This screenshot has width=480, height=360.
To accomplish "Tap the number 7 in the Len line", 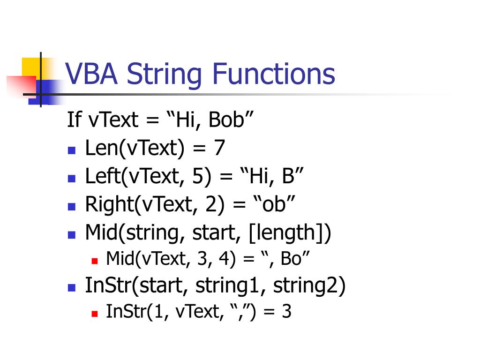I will click(x=219, y=148).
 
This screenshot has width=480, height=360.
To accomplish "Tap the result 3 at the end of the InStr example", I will click(x=286, y=312).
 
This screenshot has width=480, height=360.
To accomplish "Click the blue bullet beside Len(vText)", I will click(x=71, y=150).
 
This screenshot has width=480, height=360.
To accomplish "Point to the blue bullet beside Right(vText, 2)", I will click(x=71, y=207).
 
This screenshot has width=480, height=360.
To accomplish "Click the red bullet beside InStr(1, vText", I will click(x=94, y=313).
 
